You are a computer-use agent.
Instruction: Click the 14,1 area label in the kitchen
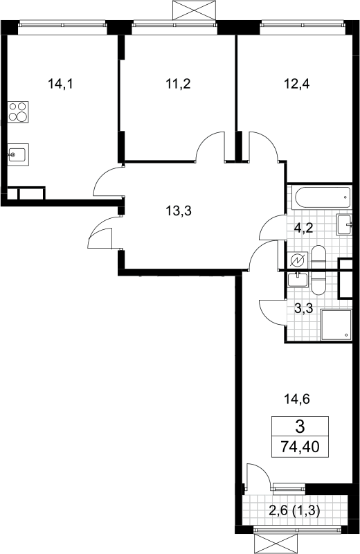(x=60, y=84)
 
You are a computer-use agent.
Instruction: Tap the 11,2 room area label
(x=178, y=84)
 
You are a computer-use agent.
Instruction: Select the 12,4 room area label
(x=297, y=84)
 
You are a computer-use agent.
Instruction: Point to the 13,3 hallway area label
(x=179, y=211)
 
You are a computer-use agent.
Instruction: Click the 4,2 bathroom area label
(x=303, y=228)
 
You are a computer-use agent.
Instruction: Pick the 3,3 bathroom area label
(x=303, y=308)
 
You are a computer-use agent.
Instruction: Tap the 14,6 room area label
(x=297, y=400)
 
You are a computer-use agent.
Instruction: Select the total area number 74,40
(x=300, y=447)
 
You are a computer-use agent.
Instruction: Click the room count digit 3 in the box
(x=300, y=427)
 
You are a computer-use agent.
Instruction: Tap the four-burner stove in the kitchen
(x=18, y=112)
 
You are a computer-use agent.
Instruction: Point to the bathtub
(x=322, y=197)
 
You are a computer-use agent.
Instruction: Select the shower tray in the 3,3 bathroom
(x=336, y=325)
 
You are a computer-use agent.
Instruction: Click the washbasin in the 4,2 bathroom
(x=345, y=224)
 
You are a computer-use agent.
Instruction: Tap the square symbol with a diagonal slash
(x=297, y=261)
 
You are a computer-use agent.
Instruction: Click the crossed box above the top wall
(x=194, y=10)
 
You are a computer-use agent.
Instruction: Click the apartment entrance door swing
(x=100, y=238)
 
